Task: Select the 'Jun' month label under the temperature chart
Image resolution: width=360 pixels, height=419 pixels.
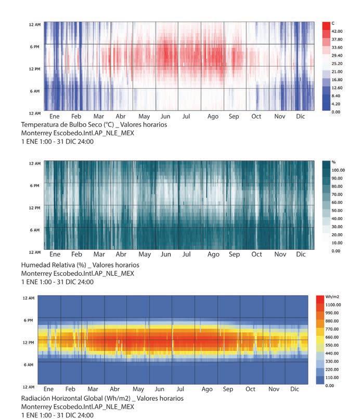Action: (x=165, y=117)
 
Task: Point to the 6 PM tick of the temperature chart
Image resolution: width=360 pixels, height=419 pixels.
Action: (x=34, y=46)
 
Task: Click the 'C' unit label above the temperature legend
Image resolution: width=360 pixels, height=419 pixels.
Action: (x=333, y=24)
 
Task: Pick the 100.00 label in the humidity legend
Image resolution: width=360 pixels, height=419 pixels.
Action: (x=339, y=170)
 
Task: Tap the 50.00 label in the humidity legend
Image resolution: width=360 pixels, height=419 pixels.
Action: (x=338, y=211)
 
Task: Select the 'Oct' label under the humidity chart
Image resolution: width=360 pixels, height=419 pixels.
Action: (x=256, y=255)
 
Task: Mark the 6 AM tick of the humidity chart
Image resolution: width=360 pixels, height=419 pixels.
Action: (x=34, y=230)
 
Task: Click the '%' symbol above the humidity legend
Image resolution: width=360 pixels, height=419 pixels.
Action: (x=333, y=162)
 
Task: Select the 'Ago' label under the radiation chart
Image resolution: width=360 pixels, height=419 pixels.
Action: (x=207, y=389)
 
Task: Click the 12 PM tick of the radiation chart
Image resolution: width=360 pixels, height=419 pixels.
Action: (x=28, y=342)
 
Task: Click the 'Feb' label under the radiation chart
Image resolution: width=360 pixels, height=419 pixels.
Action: (x=70, y=389)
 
